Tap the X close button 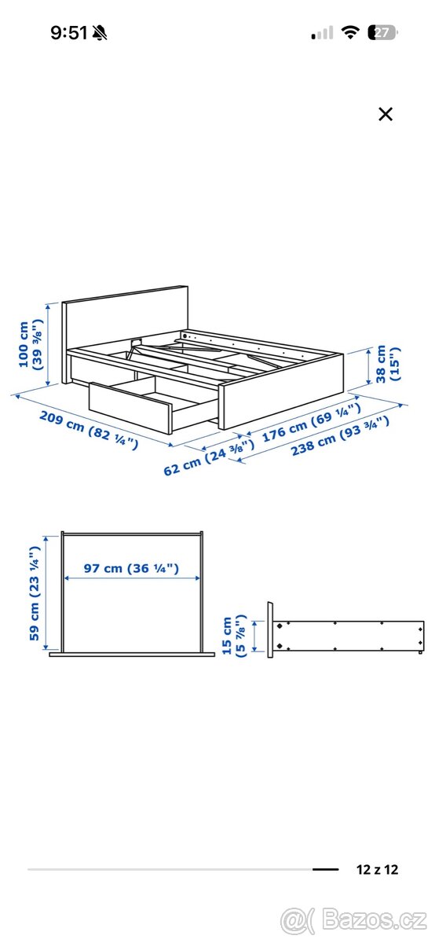coord(385,114)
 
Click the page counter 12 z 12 coord(376,869)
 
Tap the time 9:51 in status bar coord(69,32)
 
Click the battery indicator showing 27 coord(384,32)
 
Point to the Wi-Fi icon coord(350,32)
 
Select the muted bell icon coord(100,32)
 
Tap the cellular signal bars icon coord(322,33)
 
